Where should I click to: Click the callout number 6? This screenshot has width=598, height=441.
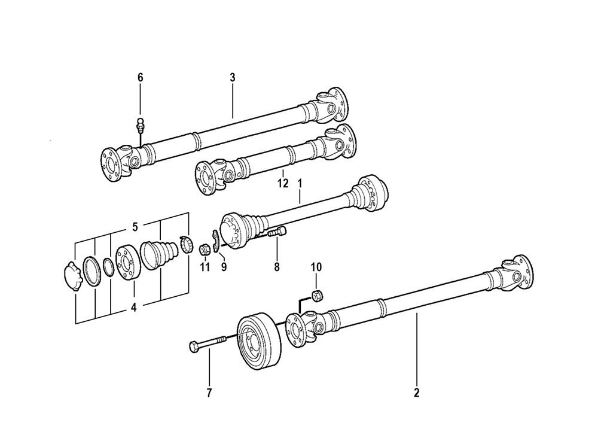[x=141, y=77]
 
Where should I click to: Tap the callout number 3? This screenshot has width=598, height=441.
[x=232, y=77]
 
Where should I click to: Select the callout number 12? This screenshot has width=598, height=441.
[x=283, y=184]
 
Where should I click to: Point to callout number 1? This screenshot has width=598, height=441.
[x=300, y=184]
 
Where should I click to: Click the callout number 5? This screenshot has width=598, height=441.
[x=135, y=227]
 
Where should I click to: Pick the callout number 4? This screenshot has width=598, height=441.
[x=134, y=307]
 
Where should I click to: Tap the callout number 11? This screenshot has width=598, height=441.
[x=205, y=267]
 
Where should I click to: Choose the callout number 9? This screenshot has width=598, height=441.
[x=224, y=267]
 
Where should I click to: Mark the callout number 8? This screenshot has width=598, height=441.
[x=276, y=267]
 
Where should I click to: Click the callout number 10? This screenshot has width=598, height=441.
[x=316, y=267]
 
